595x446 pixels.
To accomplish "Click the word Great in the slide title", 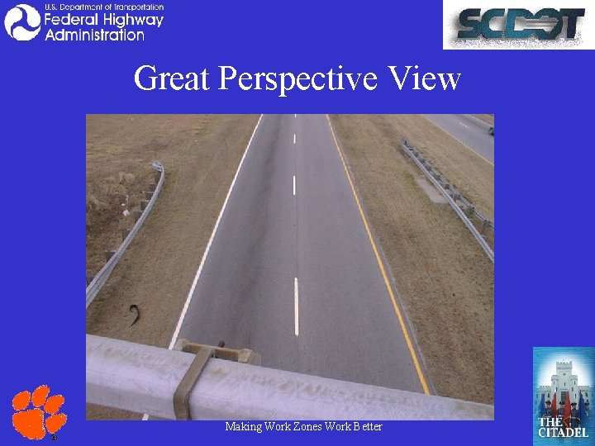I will (x=171, y=79).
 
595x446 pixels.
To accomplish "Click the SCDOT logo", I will (x=518, y=25).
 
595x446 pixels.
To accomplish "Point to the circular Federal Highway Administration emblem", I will (x=22, y=22).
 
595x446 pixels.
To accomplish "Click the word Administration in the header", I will (x=94, y=36).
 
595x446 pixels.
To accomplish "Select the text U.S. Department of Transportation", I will (x=103, y=7).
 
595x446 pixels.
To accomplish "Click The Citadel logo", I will (x=563, y=393).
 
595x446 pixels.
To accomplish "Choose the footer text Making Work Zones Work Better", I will (x=303, y=426).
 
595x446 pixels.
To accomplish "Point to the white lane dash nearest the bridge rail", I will (x=296, y=306).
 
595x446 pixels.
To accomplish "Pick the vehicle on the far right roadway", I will (x=490, y=130).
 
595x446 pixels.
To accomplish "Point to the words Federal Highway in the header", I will (x=103, y=20).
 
